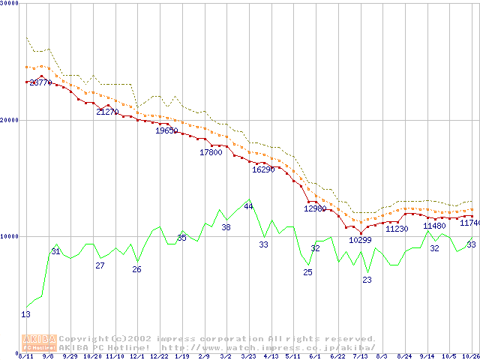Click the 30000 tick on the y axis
click(x=10, y=4)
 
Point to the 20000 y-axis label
click(x=10, y=120)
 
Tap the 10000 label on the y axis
click(x=10, y=236)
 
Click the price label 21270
click(x=107, y=112)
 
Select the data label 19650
click(x=166, y=130)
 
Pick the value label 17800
click(x=211, y=152)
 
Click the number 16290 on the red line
click(x=263, y=169)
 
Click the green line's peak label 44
click(x=248, y=206)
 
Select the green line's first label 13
click(x=25, y=315)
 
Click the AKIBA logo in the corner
click(x=40, y=343)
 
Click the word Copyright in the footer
click(x=84, y=339)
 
